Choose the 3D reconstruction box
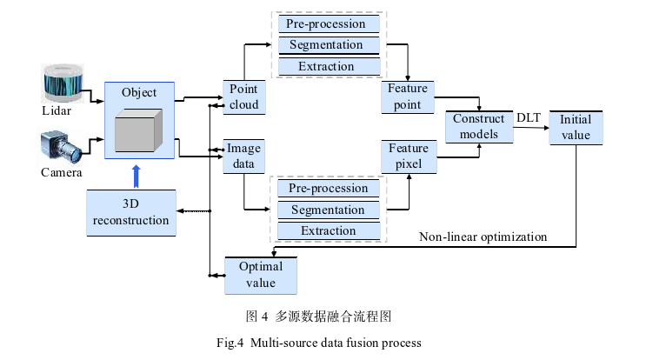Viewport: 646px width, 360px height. pos(130,211)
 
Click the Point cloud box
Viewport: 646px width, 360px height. pos(244,97)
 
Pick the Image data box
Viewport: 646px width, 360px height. pos(243,157)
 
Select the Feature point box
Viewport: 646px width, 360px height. pos(409,97)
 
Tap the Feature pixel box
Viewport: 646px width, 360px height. pos(409,157)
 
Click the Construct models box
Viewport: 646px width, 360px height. pos(479,126)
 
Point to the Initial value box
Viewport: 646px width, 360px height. pos(576,127)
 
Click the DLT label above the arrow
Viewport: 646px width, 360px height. pos(529,117)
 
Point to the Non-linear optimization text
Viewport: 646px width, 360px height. pos(483,237)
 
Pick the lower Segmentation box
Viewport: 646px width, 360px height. pos(328,210)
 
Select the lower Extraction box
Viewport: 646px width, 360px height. pos(328,230)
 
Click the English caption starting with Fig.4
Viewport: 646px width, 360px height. pos(318,343)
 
